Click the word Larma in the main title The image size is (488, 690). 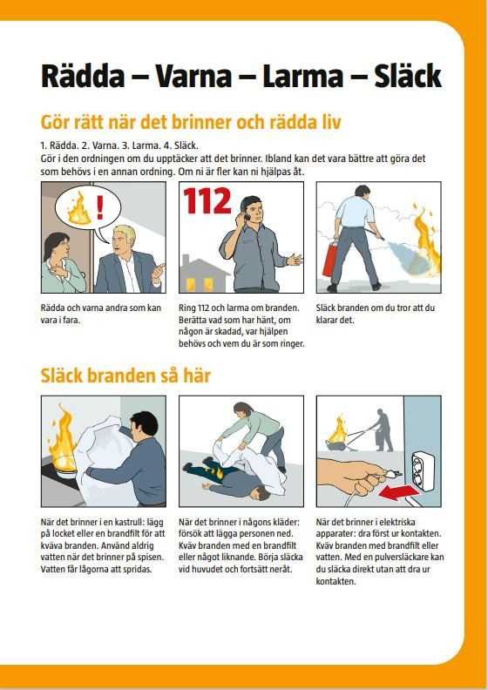click(x=302, y=76)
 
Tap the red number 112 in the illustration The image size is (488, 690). click(x=207, y=201)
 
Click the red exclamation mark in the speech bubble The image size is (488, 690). click(x=100, y=207)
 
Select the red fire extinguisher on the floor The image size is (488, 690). click(x=329, y=260)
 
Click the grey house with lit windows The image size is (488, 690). click(x=204, y=274)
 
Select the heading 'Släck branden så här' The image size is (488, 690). click(x=125, y=375)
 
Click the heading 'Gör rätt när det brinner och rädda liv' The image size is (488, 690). click(x=191, y=122)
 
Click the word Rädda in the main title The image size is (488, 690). click(x=83, y=76)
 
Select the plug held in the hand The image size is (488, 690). click(x=390, y=474)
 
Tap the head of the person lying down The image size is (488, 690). click(x=263, y=493)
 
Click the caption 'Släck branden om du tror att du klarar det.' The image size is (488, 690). click(x=376, y=314)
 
